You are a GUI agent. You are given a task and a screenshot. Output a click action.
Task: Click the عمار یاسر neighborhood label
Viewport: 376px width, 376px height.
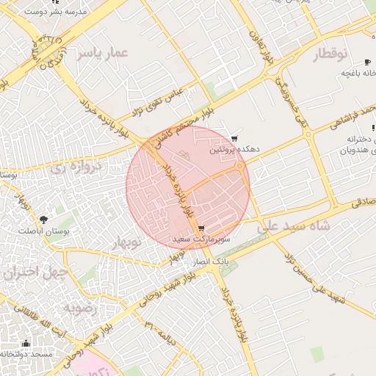click(x=105, y=53)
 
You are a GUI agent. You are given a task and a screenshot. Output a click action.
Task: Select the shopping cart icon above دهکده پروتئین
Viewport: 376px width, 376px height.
click(x=234, y=138)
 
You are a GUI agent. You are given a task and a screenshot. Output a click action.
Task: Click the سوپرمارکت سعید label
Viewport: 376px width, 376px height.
click(x=202, y=239)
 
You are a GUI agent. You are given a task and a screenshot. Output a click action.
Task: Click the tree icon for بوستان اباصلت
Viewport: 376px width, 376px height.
click(x=43, y=220)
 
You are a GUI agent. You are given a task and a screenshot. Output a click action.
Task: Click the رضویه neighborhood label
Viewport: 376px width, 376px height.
click(x=80, y=308)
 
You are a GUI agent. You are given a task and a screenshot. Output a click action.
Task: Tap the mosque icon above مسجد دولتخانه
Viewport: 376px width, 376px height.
click(x=26, y=343)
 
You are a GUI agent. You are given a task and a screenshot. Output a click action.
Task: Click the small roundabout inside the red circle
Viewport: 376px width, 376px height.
click(x=240, y=167)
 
